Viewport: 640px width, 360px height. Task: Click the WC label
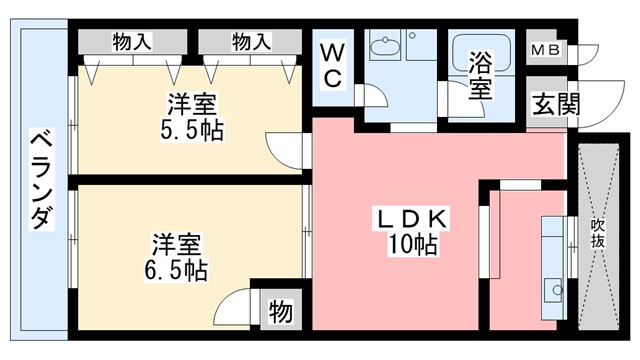coord(333,62)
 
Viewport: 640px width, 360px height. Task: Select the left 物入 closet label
coord(133,41)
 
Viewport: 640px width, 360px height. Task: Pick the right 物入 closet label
coord(251,41)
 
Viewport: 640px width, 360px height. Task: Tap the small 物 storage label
coord(281,313)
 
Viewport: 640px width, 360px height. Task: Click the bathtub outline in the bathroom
coord(480,52)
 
